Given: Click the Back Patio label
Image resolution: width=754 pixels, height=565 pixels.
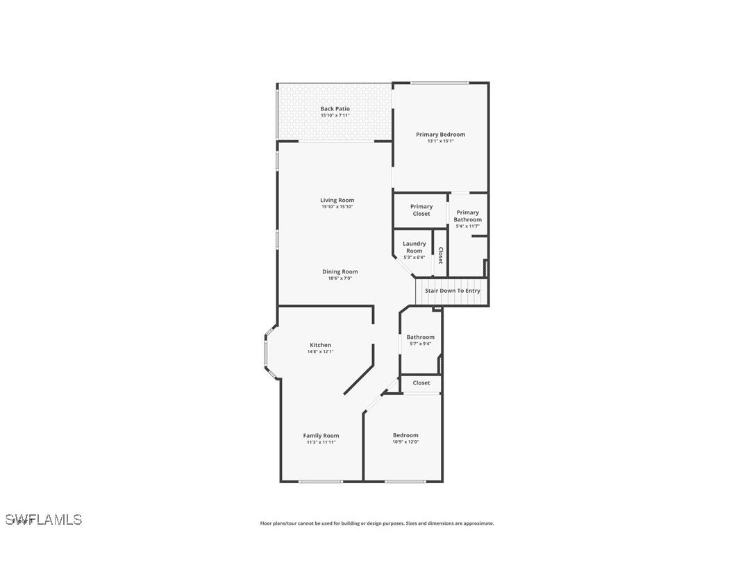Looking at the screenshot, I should [x=335, y=109].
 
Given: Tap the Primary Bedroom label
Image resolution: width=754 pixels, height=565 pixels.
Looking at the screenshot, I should [x=440, y=135].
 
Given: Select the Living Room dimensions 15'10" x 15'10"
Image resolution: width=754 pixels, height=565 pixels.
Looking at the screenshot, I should [x=337, y=207].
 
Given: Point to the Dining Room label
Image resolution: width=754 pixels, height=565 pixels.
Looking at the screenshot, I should [x=340, y=272].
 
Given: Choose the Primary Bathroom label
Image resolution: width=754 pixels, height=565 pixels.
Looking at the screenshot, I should [x=467, y=216].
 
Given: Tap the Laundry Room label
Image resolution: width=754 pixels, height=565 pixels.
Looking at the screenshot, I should [x=414, y=247].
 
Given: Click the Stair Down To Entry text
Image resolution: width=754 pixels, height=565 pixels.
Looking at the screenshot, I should [x=452, y=291].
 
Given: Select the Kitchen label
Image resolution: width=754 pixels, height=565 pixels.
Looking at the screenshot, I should [x=320, y=345].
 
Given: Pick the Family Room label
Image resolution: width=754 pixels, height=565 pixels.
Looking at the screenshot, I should [x=321, y=436].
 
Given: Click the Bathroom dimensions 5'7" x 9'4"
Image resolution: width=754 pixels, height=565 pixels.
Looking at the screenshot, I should [x=420, y=344].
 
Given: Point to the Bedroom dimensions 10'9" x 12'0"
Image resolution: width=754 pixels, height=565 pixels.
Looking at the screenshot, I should [x=405, y=442].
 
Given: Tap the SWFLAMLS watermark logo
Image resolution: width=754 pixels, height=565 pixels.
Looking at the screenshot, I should [x=44, y=519].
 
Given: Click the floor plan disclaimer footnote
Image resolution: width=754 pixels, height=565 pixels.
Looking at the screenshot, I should [x=377, y=523].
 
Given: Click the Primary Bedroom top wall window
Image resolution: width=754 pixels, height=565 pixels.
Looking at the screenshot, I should [x=439, y=83].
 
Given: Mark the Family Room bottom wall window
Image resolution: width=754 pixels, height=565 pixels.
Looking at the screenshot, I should [x=320, y=481].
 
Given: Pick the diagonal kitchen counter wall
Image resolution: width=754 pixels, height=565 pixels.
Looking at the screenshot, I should [x=358, y=377].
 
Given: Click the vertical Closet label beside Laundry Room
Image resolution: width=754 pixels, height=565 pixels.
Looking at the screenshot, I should [x=440, y=255].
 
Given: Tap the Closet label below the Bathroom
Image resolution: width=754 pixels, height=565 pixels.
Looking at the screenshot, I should [x=421, y=383].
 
